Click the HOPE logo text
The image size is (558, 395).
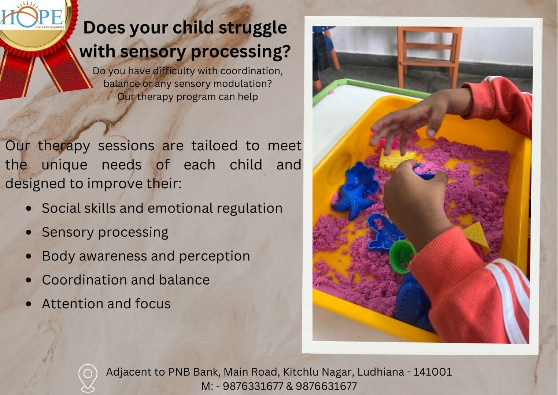coord(32,18)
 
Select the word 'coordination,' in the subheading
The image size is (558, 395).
coord(252,71)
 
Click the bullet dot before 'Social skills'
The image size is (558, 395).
coord(29,208)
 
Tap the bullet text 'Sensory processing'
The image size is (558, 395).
coord(105,233)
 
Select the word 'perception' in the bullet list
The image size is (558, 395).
coord(214,256)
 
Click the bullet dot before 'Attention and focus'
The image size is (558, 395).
coord(29,304)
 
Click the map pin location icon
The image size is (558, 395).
coord(88,378)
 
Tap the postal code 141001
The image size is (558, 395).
coord(433,372)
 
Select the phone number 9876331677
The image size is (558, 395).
coord(253,386)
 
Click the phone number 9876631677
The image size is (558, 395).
coord(326,386)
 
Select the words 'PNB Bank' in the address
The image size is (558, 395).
coord(194,372)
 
